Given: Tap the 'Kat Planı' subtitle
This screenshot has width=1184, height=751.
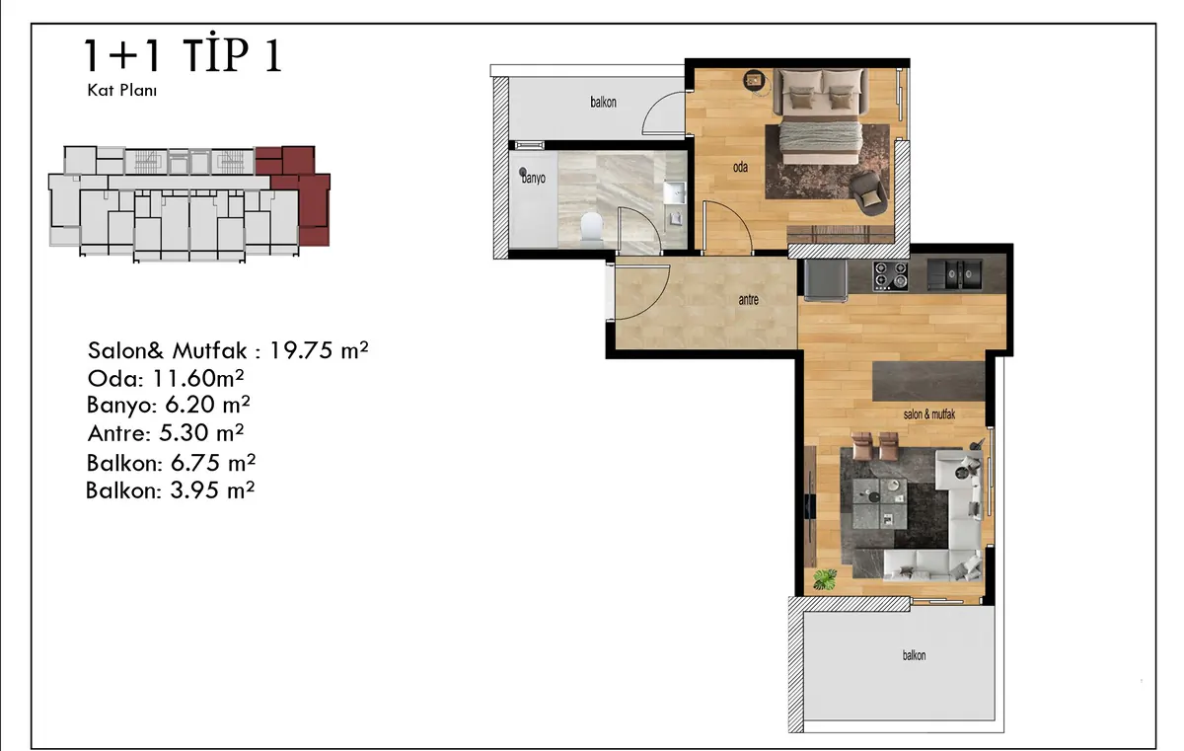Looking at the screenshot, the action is click(122, 91).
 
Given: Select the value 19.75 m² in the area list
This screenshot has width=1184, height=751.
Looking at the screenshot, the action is click(319, 350).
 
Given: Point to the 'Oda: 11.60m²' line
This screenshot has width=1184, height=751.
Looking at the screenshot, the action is click(166, 378).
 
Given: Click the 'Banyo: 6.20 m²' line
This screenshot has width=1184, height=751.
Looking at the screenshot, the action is click(168, 405).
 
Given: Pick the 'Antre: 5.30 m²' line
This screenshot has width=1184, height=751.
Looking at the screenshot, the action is click(166, 433).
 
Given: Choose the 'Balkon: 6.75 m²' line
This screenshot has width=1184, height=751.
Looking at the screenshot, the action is click(171, 463).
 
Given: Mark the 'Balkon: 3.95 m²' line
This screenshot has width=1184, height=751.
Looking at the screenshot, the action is click(170, 490).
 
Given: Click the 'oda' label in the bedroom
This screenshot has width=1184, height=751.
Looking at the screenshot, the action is click(740, 167).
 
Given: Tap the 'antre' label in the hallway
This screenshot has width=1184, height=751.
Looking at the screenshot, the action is click(748, 300).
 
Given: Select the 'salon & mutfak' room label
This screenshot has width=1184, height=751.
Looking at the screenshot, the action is click(928, 414).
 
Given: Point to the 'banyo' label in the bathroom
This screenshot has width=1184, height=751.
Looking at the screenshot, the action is click(534, 178).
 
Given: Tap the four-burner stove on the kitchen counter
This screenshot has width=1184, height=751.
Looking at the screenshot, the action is click(890, 276).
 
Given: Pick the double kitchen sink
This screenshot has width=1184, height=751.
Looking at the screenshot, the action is click(955, 274).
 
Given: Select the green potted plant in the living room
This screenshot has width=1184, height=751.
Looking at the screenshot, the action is click(825, 579).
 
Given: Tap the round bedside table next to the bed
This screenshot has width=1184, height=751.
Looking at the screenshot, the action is click(754, 81).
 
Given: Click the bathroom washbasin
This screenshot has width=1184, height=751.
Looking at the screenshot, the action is click(675, 192).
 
